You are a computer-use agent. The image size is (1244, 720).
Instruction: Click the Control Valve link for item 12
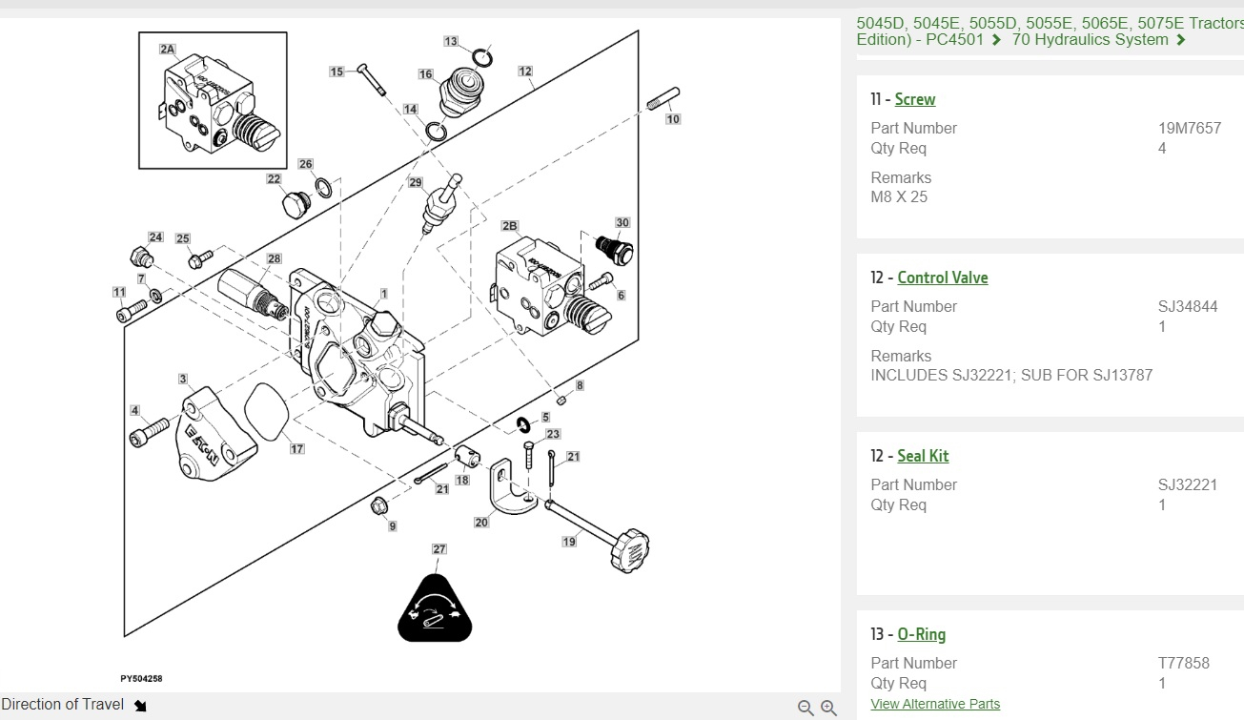pos(942,278)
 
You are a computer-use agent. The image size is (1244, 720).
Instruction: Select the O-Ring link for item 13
pos(921,634)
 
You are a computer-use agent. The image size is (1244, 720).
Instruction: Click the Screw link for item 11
pos(914,99)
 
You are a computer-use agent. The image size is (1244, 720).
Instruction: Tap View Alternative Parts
pos(934,704)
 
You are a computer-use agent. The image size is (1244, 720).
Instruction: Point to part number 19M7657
pos(1189,128)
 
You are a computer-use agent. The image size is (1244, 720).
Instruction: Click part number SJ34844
pos(1187,306)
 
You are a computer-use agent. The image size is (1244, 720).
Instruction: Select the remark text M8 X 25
pos(898,197)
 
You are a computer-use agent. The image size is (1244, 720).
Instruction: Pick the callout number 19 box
pos(569,542)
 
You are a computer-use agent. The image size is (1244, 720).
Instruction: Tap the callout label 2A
pos(168,49)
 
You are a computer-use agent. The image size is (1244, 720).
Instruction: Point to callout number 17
pos(297,449)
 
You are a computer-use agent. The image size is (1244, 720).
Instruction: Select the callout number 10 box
pos(673,119)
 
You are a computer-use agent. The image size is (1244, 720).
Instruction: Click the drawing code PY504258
pos(141,679)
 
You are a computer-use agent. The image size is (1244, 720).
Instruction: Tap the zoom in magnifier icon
pos(828,707)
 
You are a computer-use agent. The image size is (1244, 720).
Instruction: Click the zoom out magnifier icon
pos(806,707)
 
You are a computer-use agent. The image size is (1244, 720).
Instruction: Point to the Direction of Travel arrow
pos(140,706)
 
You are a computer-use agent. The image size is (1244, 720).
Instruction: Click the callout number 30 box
pos(622,223)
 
